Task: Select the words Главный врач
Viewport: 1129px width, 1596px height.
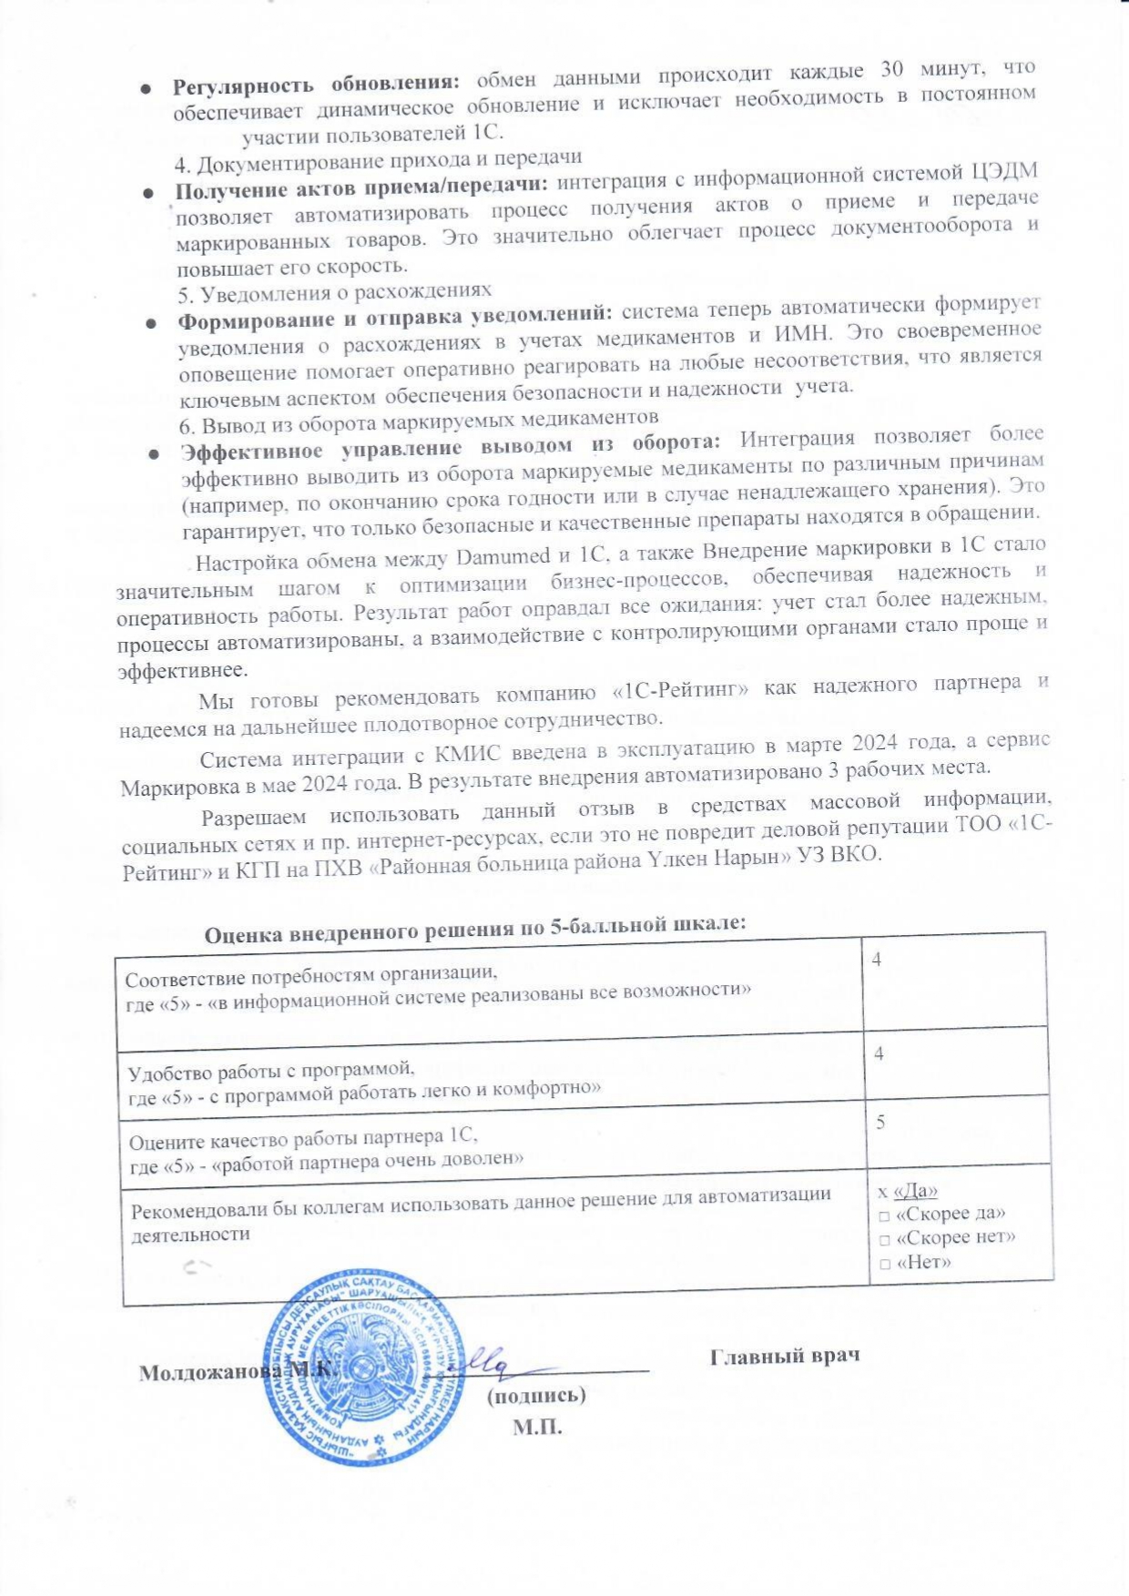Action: pyautogui.click(x=785, y=1357)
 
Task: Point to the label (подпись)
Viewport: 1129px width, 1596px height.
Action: pyautogui.click(x=536, y=1395)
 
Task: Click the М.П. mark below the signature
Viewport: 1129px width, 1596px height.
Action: pyautogui.click(x=537, y=1427)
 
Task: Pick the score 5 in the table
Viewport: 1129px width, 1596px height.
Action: pyautogui.click(x=881, y=1123)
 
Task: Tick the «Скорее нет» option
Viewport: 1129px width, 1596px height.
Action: pyautogui.click(x=884, y=1238)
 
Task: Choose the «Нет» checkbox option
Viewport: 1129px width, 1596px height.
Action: pyautogui.click(x=884, y=1263)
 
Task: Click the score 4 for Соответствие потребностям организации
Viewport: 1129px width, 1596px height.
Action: pyautogui.click(x=879, y=959)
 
